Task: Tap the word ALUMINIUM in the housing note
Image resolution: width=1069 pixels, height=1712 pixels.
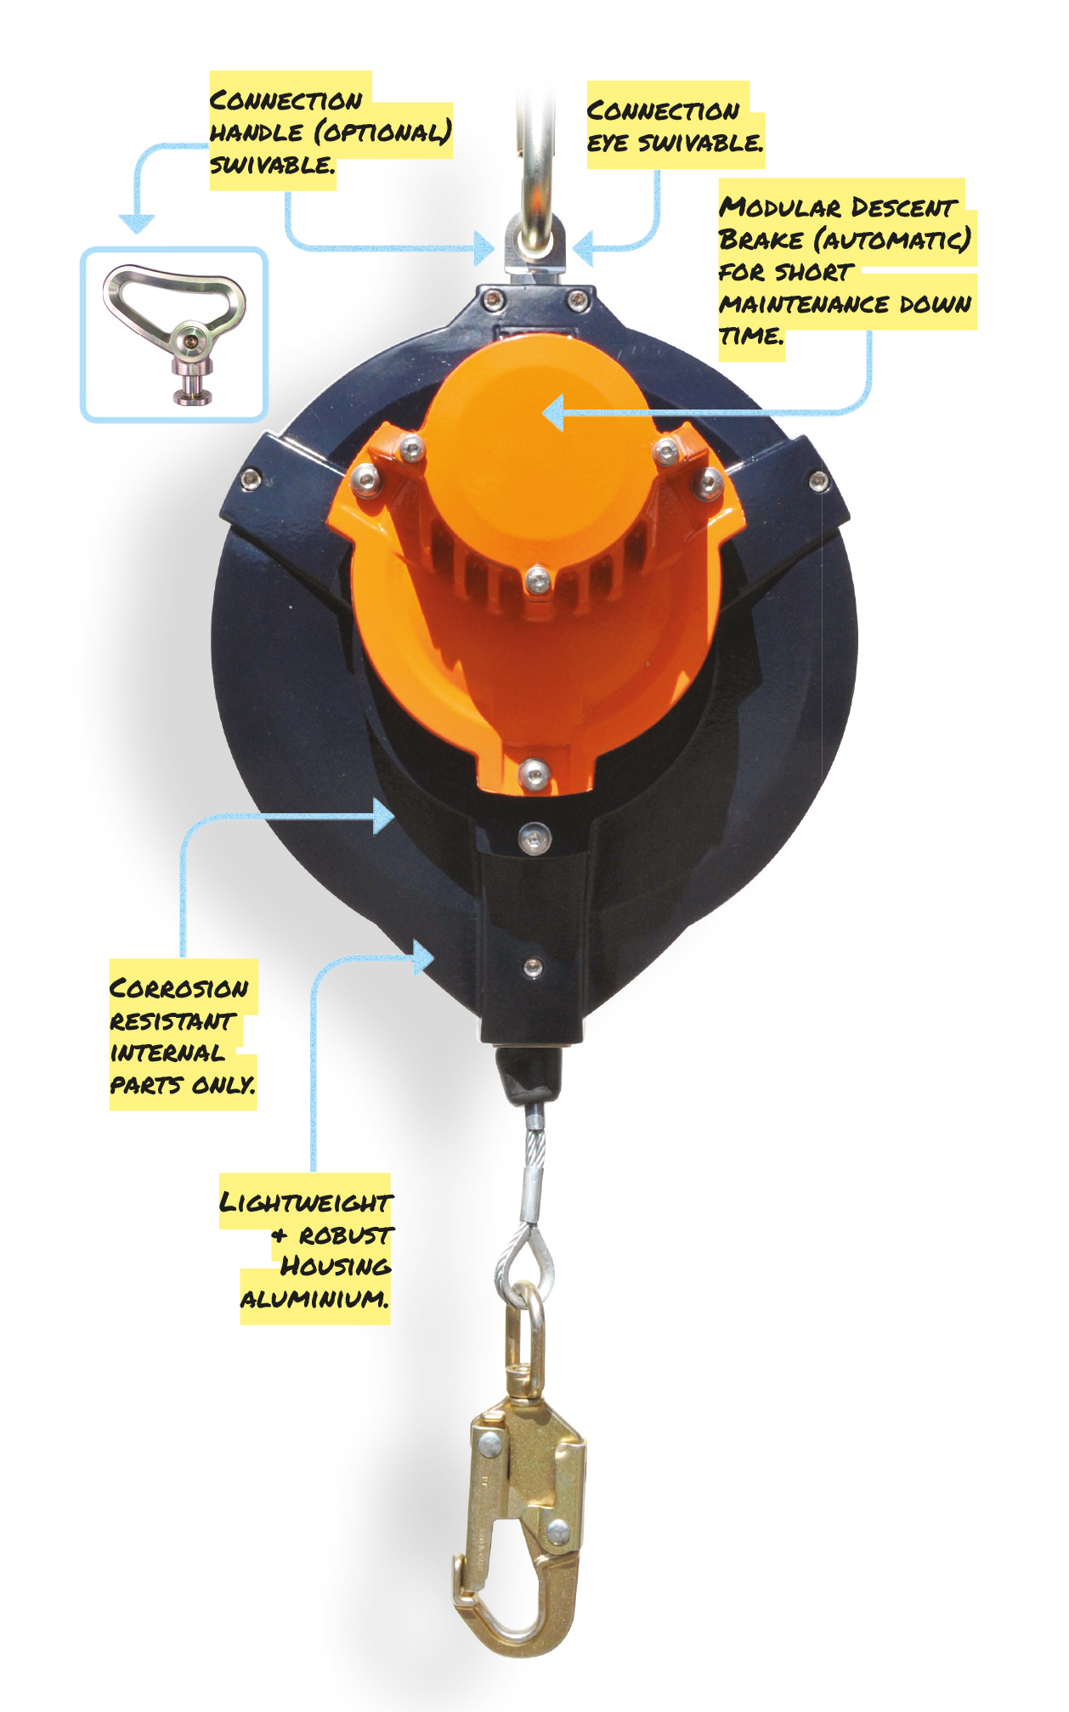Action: [x=314, y=1298]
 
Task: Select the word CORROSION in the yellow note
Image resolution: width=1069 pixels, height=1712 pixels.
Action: [x=179, y=988]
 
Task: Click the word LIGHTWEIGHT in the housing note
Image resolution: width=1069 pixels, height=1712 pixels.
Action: [x=306, y=1202]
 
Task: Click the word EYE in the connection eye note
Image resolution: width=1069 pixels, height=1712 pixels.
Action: [x=608, y=143]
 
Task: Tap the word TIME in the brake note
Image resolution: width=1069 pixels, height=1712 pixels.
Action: [x=751, y=336]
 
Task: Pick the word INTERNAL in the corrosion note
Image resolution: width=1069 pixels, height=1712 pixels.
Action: [x=168, y=1053]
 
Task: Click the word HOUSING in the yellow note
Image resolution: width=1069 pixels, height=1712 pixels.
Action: [x=336, y=1266]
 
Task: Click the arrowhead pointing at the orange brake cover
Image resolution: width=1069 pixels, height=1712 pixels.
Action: [x=553, y=413]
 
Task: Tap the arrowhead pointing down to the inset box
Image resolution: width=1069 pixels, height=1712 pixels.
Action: [x=137, y=223]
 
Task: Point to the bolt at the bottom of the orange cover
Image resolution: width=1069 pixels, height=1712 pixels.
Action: [x=533, y=772]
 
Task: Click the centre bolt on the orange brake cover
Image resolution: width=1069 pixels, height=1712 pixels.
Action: [x=538, y=581]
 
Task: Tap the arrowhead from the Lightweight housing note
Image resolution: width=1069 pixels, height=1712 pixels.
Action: [x=423, y=958]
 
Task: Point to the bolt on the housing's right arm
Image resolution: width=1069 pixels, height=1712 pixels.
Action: [x=818, y=482]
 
